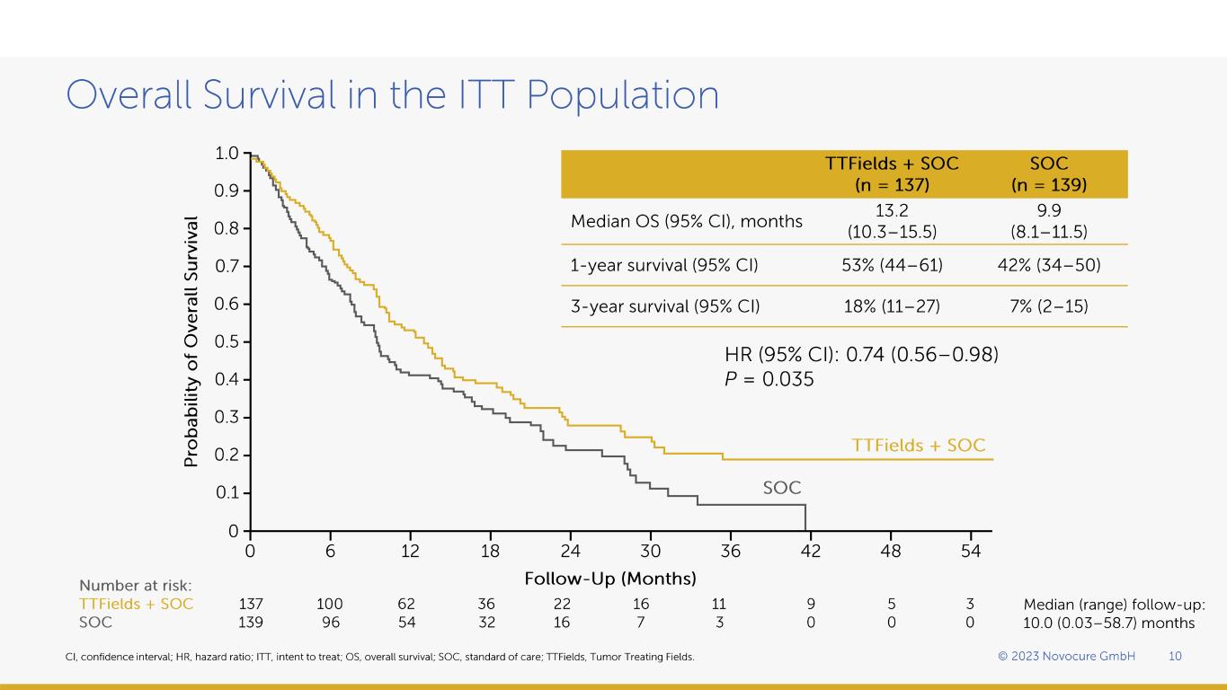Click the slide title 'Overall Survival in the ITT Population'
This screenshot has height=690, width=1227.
pyautogui.click(x=393, y=95)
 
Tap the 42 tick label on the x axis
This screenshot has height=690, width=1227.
pyautogui.click(x=811, y=552)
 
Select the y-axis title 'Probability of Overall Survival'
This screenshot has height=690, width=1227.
pyautogui.click(x=191, y=341)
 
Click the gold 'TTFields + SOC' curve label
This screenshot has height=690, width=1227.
pyautogui.click(x=918, y=446)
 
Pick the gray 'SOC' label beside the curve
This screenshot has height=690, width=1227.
pyautogui.click(x=781, y=488)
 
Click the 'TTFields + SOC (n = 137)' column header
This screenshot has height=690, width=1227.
pyautogui.click(x=892, y=174)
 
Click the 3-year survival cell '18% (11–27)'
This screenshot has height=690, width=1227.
pyautogui.click(x=892, y=306)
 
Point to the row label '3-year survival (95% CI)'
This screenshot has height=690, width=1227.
pyautogui.click(x=665, y=306)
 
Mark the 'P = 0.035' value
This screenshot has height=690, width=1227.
pyautogui.click(x=769, y=380)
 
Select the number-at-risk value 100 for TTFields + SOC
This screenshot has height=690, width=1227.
pyautogui.click(x=330, y=604)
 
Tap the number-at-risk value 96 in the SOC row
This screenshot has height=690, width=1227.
pyautogui.click(x=330, y=622)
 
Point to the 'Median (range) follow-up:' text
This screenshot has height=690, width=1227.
pyautogui.click(x=1114, y=605)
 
